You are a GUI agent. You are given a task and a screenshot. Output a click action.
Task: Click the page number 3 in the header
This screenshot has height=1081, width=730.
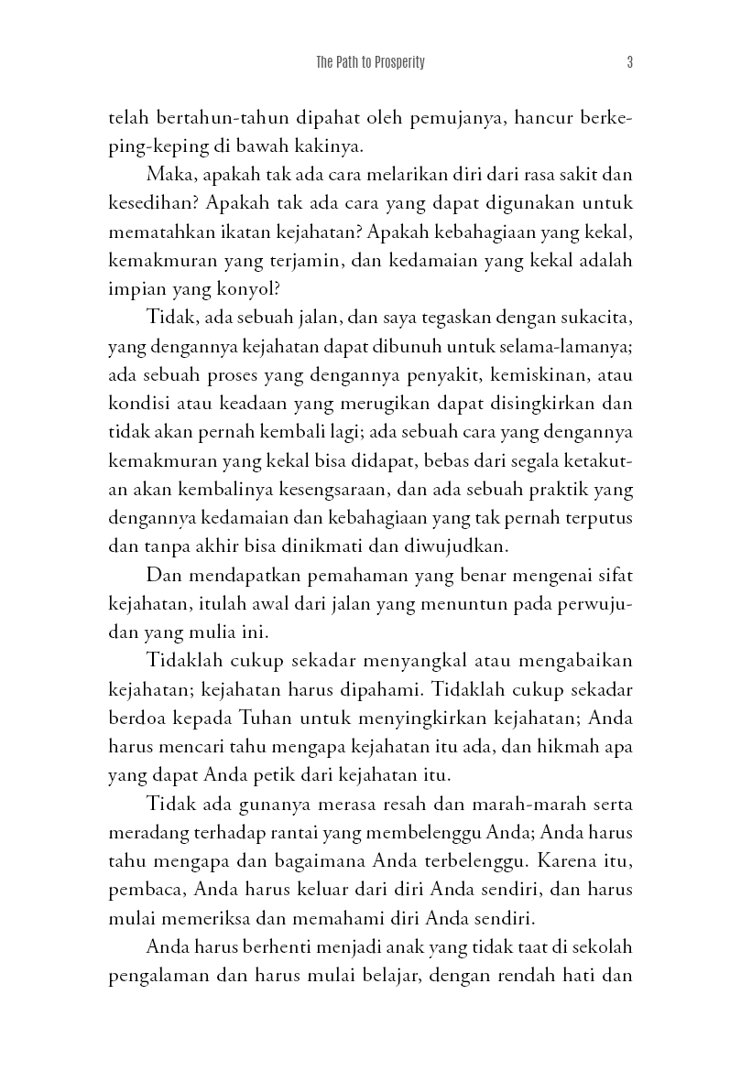(630, 63)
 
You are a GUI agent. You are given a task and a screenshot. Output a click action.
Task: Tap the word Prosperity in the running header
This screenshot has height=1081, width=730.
(396, 63)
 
